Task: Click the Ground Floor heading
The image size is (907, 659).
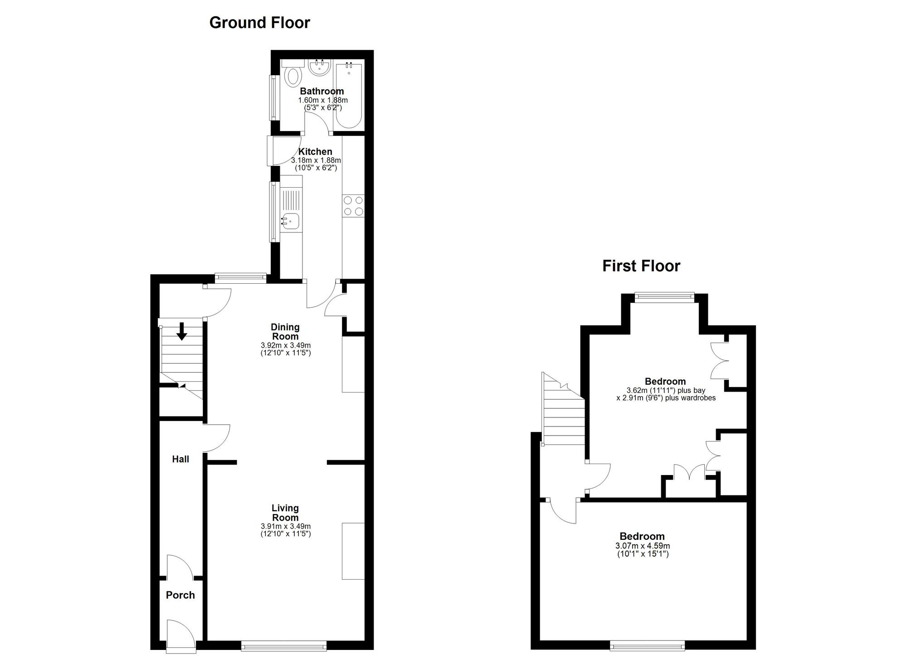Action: pos(259,23)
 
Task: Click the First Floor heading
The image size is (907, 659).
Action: pos(641,266)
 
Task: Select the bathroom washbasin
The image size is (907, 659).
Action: pos(319,68)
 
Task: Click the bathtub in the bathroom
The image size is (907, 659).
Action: pos(348,96)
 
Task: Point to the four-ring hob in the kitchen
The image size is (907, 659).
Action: pos(353,205)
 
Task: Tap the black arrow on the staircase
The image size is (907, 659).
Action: pos(182,331)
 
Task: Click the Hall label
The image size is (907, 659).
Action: pos(180,459)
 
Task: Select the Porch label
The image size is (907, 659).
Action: pos(180,595)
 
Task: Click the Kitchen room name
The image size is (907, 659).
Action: pos(315,152)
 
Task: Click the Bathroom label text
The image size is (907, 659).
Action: pos(322,92)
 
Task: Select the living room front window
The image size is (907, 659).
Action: pos(284,646)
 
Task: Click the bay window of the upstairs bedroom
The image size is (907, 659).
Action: pos(664,297)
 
